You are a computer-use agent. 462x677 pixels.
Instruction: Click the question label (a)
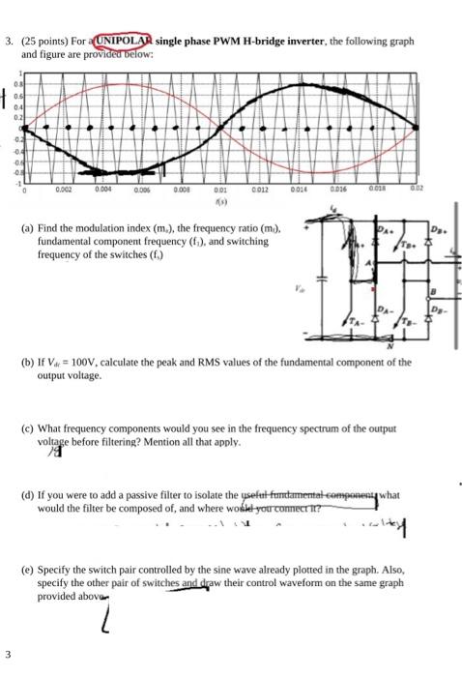(x=27, y=228)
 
